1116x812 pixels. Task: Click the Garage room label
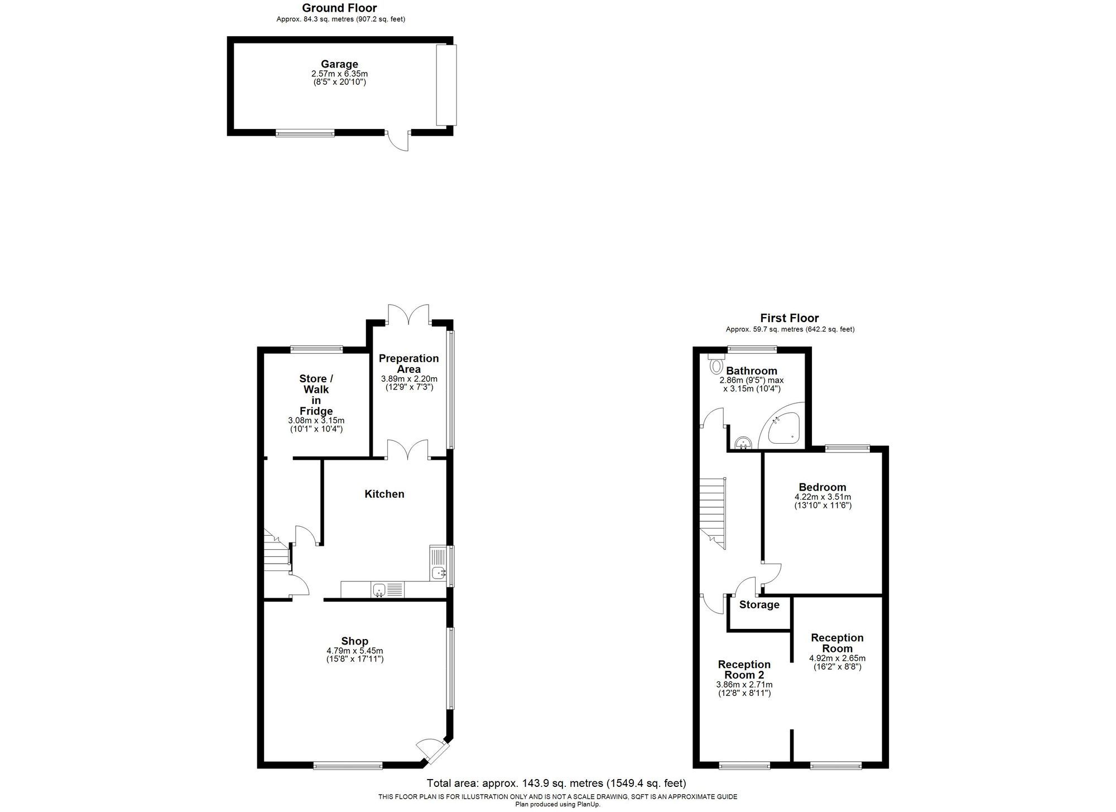(339, 64)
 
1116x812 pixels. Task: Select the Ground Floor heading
(339, 8)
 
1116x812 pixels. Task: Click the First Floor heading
(790, 318)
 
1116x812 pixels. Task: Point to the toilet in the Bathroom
(715, 365)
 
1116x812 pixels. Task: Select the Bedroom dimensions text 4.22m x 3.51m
(822, 497)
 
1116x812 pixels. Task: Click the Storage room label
(759, 605)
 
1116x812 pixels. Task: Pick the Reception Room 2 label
(744, 669)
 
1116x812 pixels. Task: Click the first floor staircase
(713, 513)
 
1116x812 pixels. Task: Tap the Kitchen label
(384, 494)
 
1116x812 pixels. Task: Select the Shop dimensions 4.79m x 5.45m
(355, 651)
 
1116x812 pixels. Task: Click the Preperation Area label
(408, 363)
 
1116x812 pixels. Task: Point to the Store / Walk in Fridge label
(316, 395)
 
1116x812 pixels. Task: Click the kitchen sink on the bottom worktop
(379, 589)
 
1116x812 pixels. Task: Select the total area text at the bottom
(556, 783)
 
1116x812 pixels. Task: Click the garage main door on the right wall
(446, 85)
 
